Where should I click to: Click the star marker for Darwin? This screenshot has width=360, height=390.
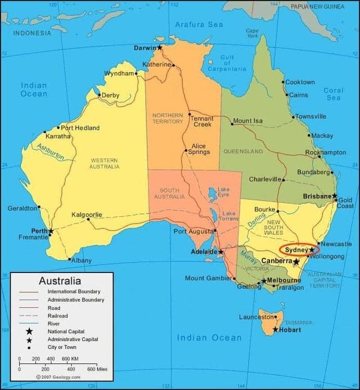coord(160,47)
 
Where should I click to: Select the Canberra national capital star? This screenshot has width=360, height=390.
coord(296,262)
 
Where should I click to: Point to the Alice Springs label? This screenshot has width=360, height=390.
coord(199,149)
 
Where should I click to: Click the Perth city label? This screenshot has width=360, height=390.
coord(39,231)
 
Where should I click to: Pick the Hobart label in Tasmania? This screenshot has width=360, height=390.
coord(290,330)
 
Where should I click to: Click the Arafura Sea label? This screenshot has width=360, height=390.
coord(199,25)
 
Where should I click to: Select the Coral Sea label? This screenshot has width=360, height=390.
coord(333,94)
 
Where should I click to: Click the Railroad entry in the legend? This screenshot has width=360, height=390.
coord(58,316)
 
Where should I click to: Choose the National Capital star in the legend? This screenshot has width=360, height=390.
coord(29,331)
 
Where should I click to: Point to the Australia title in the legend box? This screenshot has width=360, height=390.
coord(60,281)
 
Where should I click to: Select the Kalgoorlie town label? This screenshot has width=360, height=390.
coord(87,214)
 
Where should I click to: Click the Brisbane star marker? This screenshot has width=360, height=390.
coord(334,196)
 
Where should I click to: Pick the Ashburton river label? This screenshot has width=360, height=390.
coord(51,152)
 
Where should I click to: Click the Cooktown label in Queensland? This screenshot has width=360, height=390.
coord(300,82)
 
